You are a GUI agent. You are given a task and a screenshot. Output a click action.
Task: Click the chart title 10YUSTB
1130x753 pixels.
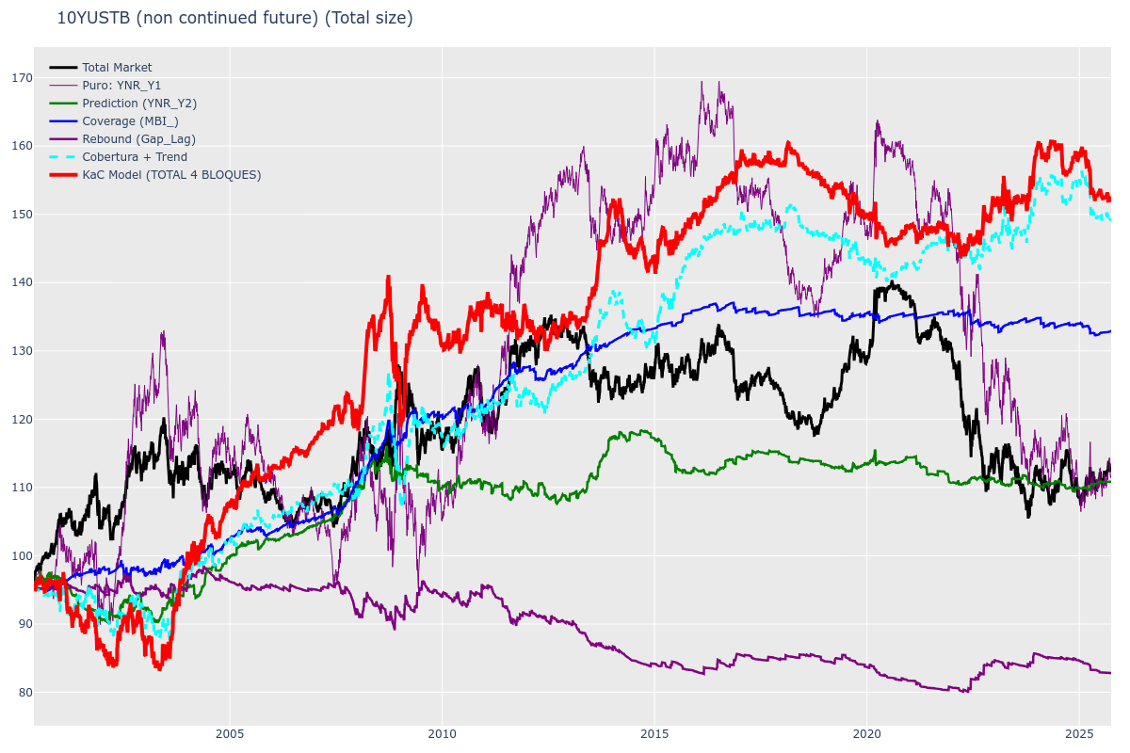pyautogui.click(x=234, y=18)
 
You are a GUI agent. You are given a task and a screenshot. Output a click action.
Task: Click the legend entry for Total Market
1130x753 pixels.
pyautogui.click(x=117, y=68)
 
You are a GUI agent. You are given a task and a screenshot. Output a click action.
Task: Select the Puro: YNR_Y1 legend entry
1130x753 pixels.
pyautogui.click(x=121, y=86)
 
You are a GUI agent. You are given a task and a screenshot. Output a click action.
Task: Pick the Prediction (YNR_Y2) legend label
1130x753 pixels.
pyautogui.click(x=139, y=104)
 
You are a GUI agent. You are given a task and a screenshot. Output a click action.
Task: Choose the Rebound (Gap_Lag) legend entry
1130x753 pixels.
pyautogui.click(x=138, y=139)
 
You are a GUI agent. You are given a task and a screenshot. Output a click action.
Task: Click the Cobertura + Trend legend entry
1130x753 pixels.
pyautogui.click(x=135, y=157)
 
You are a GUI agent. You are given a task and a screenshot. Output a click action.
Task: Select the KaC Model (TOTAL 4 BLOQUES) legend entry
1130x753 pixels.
pyautogui.click(x=171, y=175)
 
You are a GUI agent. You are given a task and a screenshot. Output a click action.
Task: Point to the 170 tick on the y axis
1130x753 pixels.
pyautogui.click(x=22, y=78)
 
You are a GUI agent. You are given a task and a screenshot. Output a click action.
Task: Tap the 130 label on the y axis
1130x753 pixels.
pyautogui.click(x=22, y=351)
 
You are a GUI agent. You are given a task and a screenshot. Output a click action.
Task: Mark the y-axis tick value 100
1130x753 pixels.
pyautogui.click(x=22, y=555)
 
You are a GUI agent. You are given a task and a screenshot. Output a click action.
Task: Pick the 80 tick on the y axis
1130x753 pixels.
pyautogui.click(x=24, y=692)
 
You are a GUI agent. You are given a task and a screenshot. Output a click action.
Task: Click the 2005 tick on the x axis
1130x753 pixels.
pyautogui.click(x=229, y=734)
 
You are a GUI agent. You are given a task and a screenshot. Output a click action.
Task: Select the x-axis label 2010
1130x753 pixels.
pyautogui.click(x=442, y=734)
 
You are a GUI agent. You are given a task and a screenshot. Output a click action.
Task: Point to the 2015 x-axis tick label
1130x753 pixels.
pyautogui.click(x=654, y=734)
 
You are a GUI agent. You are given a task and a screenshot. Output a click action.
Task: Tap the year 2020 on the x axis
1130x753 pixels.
pyautogui.click(x=866, y=734)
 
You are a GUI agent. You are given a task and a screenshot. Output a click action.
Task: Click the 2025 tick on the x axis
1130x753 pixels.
pyautogui.click(x=1079, y=734)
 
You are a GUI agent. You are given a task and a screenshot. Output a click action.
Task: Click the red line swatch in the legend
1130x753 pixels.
pyautogui.click(x=63, y=175)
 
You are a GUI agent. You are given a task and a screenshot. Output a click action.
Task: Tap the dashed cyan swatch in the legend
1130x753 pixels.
pyautogui.click(x=63, y=157)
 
